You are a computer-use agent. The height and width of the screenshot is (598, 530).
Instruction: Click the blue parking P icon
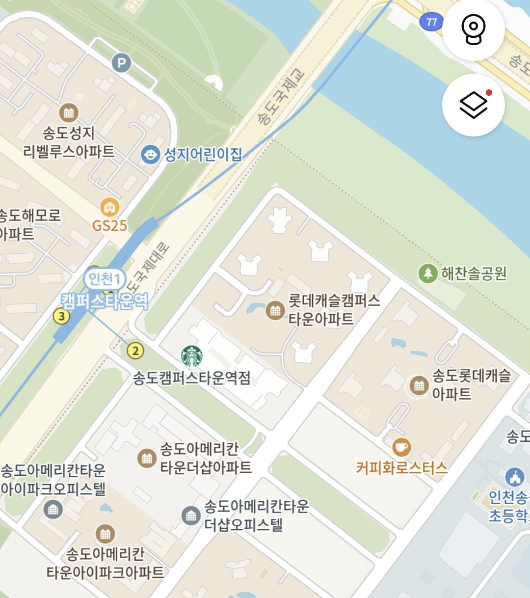point(121,63)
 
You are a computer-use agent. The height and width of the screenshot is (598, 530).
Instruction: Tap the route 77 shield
point(431,22)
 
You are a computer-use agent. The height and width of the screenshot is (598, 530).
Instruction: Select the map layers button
point(474,105)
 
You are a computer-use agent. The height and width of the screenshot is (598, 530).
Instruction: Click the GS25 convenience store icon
point(109,208)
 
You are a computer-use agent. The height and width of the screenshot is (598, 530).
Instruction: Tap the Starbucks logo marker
point(191,356)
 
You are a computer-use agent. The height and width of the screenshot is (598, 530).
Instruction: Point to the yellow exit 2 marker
point(135,351)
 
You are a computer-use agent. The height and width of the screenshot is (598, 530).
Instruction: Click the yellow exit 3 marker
point(61,316)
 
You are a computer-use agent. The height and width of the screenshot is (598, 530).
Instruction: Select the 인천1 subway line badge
point(104,279)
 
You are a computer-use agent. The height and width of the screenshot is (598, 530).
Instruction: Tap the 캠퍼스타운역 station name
point(105,301)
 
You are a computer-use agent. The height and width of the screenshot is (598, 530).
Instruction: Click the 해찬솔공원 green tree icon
point(427,273)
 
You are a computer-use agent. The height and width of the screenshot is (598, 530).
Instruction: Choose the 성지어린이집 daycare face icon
point(150,155)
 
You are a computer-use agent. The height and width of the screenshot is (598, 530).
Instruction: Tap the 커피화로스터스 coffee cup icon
point(401,447)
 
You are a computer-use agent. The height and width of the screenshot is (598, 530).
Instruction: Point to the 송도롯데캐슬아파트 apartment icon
point(419,385)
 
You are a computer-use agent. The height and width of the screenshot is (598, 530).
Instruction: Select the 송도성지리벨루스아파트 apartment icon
point(69,113)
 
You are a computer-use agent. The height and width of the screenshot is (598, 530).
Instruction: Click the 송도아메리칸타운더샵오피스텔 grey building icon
point(190,516)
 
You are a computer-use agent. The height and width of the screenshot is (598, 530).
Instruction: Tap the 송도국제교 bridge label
point(281,97)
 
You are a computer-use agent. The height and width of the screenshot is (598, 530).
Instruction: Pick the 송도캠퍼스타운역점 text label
point(192,378)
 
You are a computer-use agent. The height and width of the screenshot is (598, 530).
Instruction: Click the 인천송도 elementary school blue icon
point(514,476)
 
